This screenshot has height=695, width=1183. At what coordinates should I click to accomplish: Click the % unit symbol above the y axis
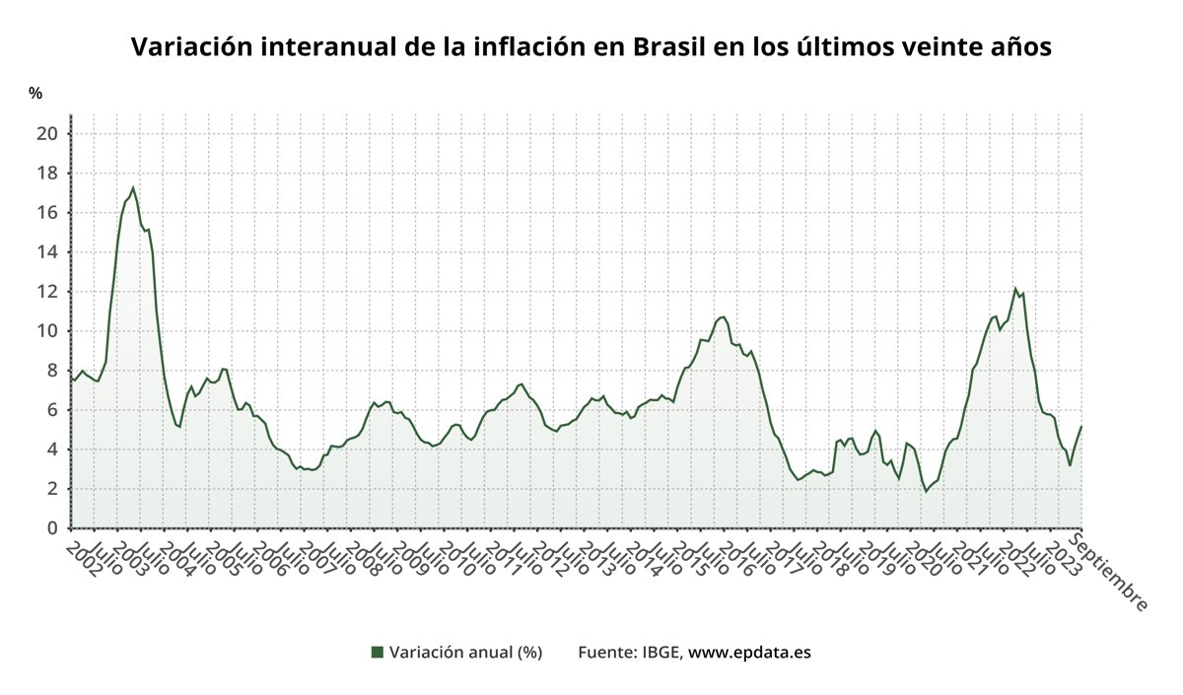(x=35, y=94)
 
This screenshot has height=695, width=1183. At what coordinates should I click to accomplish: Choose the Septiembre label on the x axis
(x=1111, y=572)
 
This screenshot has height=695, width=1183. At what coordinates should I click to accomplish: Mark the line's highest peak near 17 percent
(x=133, y=187)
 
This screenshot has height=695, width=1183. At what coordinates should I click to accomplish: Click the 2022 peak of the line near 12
(x=1015, y=288)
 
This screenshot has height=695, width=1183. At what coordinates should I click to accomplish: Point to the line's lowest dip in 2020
(x=926, y=491)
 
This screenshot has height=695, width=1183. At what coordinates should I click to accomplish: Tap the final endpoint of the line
(x=1081, y=426)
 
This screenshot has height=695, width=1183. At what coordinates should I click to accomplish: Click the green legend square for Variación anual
(x=377, y=652)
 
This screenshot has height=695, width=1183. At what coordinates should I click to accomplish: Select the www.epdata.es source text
(x=749, y=652)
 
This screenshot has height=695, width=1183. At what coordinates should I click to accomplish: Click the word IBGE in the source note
(x=661, y=652)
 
